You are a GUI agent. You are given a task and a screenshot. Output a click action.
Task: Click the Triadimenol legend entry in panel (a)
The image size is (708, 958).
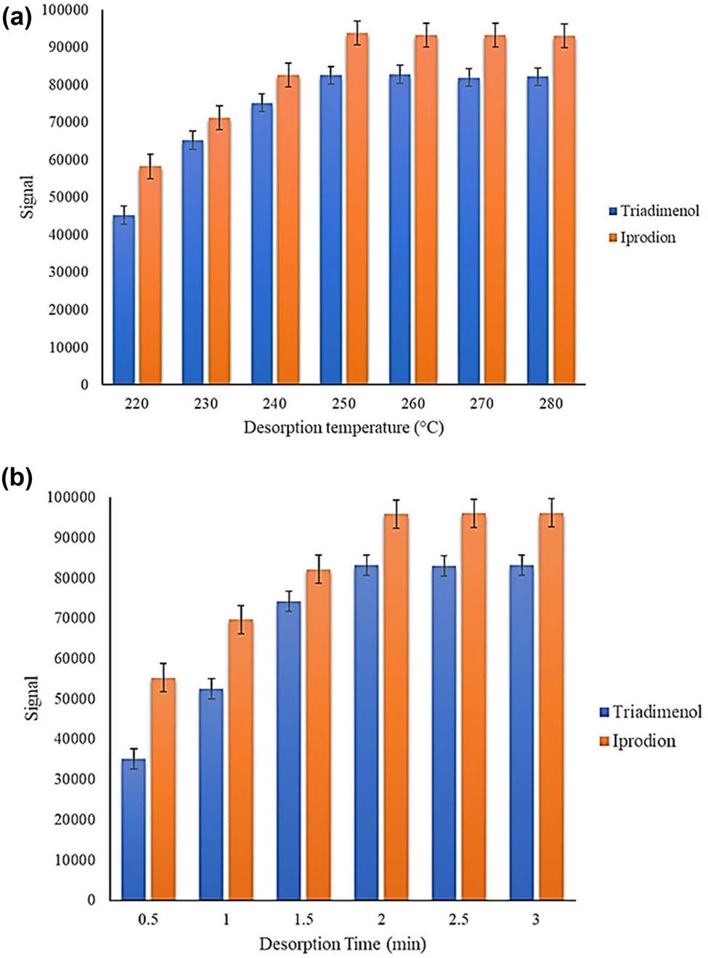click(x=654, y=211)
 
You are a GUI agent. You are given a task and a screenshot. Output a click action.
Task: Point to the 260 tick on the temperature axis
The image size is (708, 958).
click(x=413, y=404)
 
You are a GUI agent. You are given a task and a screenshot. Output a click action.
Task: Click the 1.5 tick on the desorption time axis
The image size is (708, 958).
click(x=304, y=920)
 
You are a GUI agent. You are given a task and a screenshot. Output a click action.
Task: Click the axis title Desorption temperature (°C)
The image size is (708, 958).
click(x=343, y=427)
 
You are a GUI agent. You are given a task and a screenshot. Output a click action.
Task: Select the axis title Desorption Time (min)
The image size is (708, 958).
click(x=342, y=944)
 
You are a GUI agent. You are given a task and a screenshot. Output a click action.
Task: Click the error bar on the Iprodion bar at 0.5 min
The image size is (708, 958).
click(x=163, y=677)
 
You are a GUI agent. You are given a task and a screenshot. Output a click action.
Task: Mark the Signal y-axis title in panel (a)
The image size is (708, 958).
click(x=28, y=197)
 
